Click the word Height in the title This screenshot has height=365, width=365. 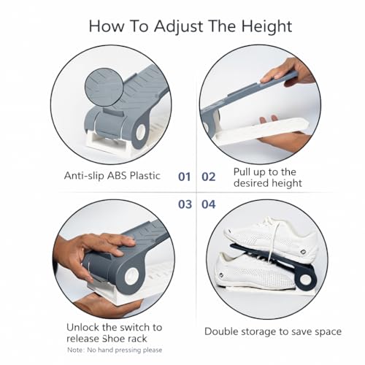[x=266, y=26]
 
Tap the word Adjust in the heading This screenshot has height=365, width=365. [x=178, y=26]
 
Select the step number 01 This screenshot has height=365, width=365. [x=184, y=177]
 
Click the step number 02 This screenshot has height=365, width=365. [x=209, y=177]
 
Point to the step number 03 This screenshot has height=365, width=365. [x=185, y=204]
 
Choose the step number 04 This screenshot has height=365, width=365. [x=209, y=204]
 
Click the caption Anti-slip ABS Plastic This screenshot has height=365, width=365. [x=112, y=176]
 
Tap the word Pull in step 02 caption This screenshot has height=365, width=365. [x=242, y=172]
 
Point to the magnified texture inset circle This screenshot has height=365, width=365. [x=103, y=87]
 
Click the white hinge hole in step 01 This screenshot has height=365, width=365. [x=140, y=132]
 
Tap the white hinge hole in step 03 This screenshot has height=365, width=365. [x=131, y=277]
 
